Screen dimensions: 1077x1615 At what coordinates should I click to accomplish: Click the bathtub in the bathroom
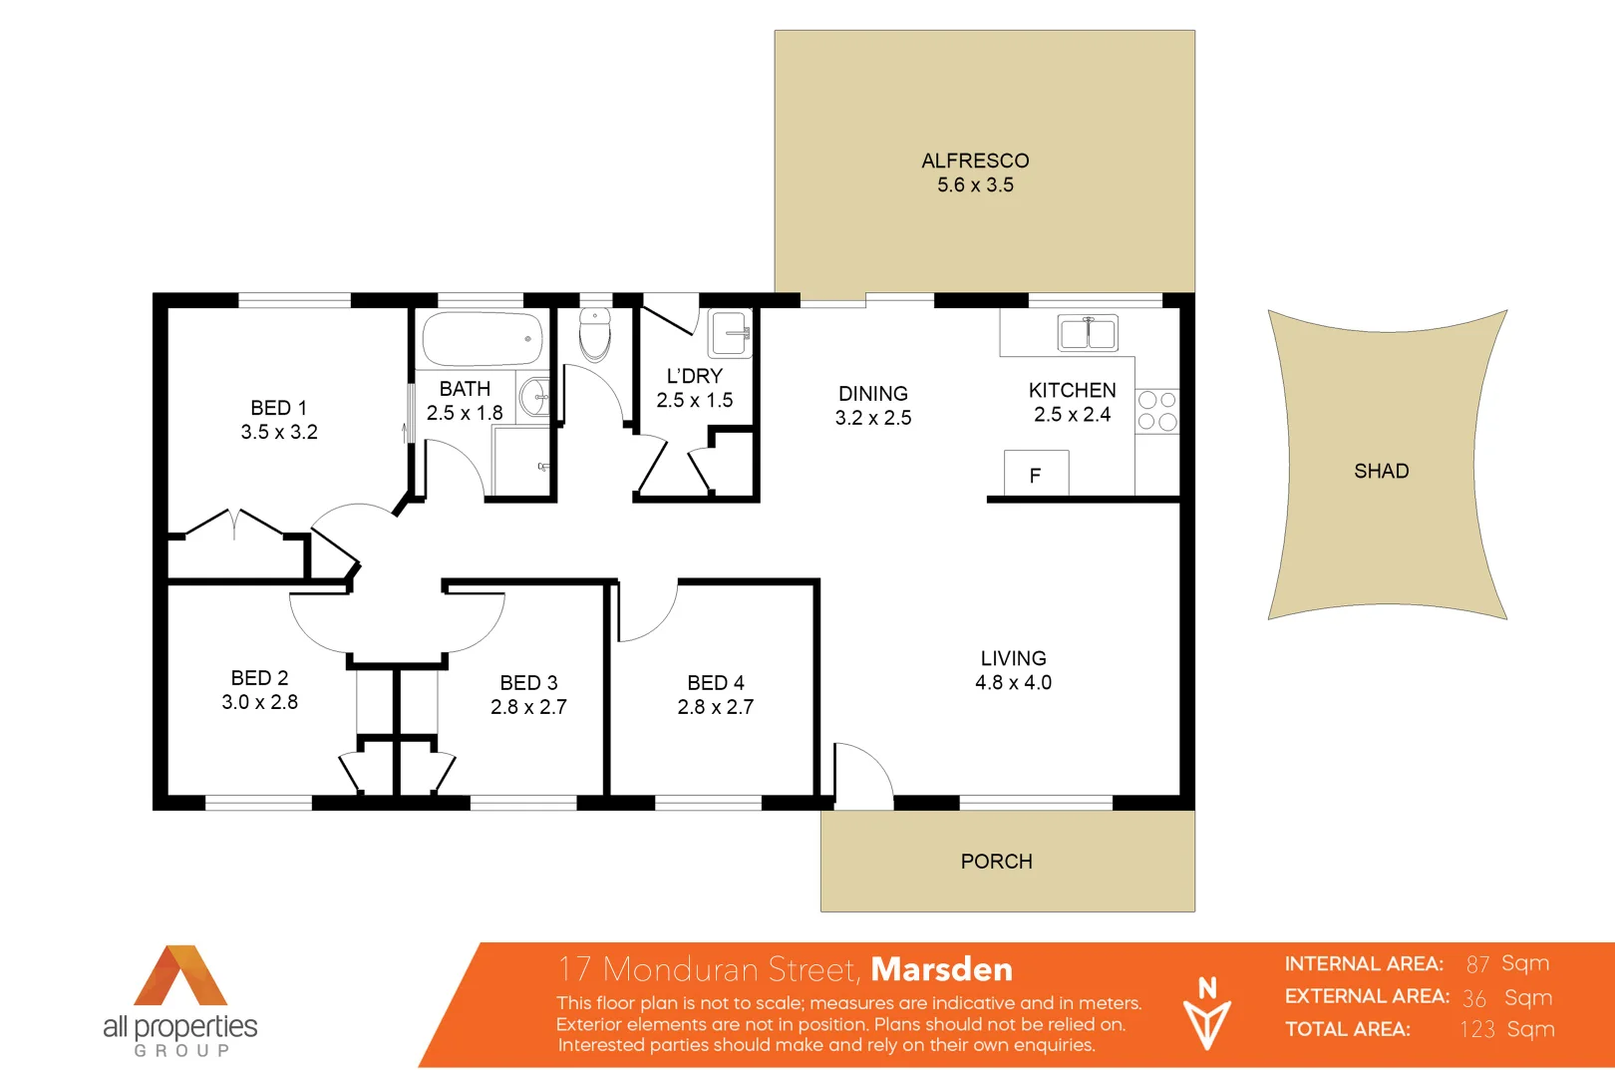point(483,339)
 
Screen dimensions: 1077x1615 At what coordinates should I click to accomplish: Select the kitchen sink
point(1088,333)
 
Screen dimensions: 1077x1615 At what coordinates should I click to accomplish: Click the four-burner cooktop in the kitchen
point(1157,411)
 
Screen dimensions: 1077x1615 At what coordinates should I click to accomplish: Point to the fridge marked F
point(1036,475)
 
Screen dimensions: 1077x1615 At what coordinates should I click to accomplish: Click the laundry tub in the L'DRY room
point(730,333)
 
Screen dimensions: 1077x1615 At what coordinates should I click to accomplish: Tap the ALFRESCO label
point(975,161)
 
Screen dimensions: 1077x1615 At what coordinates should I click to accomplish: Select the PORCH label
point(996,862)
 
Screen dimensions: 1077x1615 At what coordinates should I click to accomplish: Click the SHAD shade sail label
point(1381,471)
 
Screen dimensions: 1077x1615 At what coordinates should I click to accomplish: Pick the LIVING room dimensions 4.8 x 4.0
point(1013,683)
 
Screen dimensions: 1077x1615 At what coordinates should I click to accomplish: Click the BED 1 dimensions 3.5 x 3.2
point(279,432)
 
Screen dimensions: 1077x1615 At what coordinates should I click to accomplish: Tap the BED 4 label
point(716,683)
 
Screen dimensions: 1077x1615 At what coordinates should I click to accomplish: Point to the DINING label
point(873,394)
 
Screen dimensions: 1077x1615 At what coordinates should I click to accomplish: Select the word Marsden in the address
point(941,969)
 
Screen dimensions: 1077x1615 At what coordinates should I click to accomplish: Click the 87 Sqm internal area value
point(1507,963)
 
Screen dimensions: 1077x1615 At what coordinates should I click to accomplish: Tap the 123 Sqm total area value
point(1506,1029)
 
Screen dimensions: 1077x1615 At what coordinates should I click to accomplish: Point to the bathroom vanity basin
point(534,397)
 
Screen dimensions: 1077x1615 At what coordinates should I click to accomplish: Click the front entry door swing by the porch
point(861,775)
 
